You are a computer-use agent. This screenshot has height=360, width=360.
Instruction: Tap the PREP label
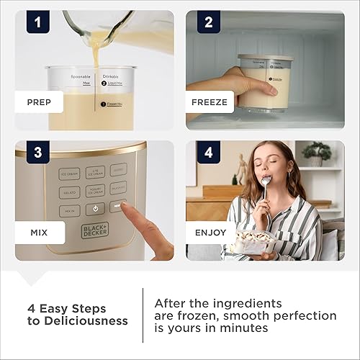[x=38, y=102]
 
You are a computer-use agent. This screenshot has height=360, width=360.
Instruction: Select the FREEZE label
[x=210, y=102]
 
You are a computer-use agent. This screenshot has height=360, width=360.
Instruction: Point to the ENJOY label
[x=210, y=233]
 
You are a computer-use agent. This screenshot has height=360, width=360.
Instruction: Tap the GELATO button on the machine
[x=69, y=192]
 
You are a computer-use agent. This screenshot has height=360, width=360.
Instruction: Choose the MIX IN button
[x=69, y=210]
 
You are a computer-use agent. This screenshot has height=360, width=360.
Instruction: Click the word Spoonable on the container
[x=81, y=76]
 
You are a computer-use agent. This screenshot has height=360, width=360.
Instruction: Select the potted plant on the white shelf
[x=317, y=152]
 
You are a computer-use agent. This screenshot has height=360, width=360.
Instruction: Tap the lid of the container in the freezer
[x=266, y=58]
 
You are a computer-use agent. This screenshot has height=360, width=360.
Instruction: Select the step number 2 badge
[x=208, y=23]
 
